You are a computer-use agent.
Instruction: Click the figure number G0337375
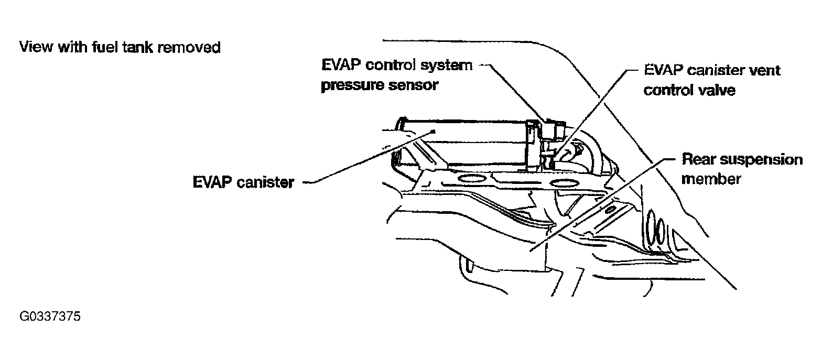coord(51,317)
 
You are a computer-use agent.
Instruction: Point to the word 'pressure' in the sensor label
coord(349,85)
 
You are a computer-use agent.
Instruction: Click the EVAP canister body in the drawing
coord(472,141)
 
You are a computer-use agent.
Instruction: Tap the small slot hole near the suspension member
coord(610,211)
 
